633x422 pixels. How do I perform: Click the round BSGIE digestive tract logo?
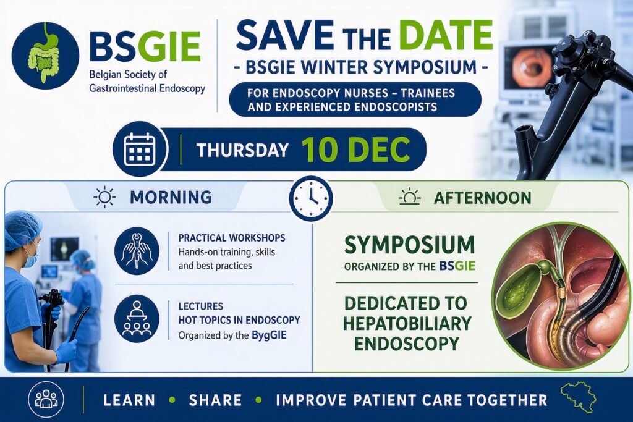[45, 56]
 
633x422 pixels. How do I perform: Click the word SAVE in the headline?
[284, 35]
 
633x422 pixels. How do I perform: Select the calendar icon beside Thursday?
[140, 149]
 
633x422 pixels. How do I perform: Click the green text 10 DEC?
[355, 150]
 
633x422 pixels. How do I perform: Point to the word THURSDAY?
[242, 150]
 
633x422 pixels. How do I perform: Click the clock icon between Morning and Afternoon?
[311, 198]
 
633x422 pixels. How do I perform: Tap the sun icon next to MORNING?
[104, 197]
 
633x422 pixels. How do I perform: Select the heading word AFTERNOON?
[482, 198]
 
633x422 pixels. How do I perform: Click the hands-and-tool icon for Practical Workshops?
[137, 251]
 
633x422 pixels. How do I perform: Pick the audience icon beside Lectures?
[137, 319]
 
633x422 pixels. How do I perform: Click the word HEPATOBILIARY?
[407, 323]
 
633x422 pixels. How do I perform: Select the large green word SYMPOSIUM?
[409, 245]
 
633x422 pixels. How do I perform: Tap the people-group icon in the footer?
[46, 399]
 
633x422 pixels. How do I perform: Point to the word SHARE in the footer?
[215, 400]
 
